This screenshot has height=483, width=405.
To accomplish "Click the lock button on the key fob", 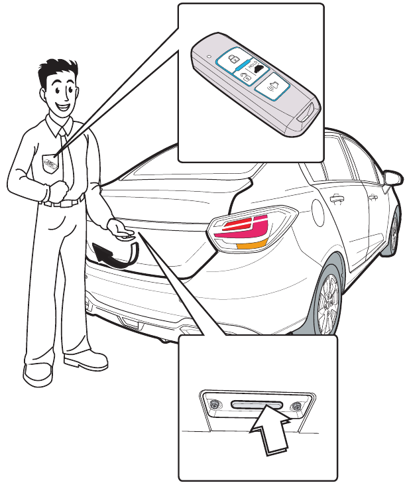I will (x=234, y=60).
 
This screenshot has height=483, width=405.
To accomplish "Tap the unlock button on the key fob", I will (x=246, y=78).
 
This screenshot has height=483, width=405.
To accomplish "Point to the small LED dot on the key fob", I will (x=210, y=57).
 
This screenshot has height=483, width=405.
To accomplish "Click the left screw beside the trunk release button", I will (x=215, y=404).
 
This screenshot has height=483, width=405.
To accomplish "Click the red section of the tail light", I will (x=239, y=229).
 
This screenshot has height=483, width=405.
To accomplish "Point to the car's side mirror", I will (x=393, y=178).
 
